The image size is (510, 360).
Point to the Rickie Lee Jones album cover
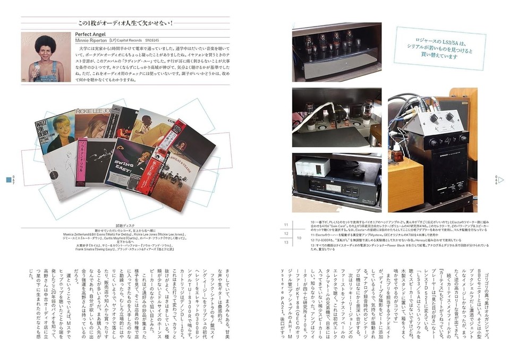[93, 124]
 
